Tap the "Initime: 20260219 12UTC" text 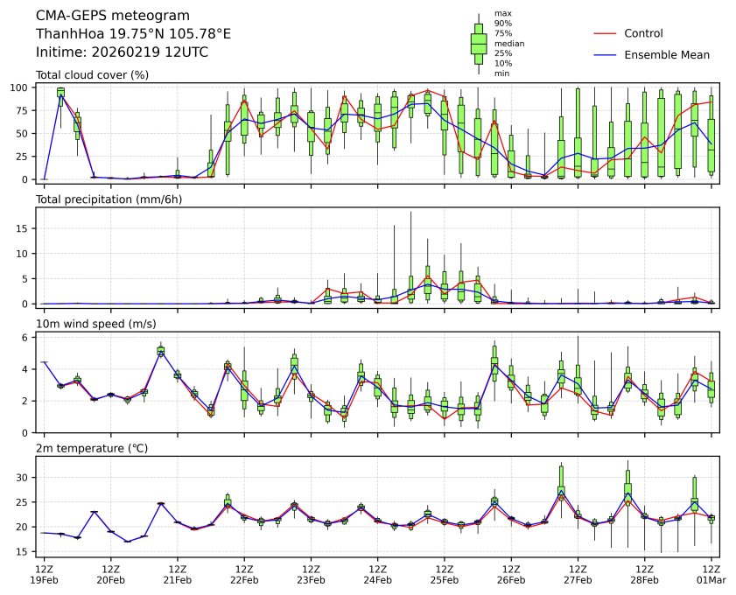[x=122, y=52]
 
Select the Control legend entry [x=643, y=33]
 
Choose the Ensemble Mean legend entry [x=666, y=54]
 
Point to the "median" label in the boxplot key [x=509, y=43]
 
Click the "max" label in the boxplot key [x=502, y=13]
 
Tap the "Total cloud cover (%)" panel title [x=92, y=74]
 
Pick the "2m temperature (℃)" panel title [x=91, y=449]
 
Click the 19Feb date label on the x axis [x=44, y=579]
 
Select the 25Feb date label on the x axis [x=444, y=579]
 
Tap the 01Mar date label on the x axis [x=711, y=579]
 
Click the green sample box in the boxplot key [x=479, y=42]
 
